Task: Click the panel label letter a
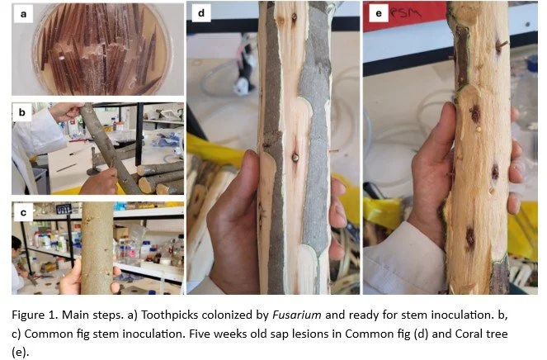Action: [23, 14]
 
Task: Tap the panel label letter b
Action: [22, 112]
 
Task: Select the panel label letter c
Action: [23, 212]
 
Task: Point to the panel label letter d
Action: [201, 13]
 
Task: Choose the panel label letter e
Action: [379, 13]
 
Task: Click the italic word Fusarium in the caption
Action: [296, 315]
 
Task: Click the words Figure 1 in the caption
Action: [34, 315]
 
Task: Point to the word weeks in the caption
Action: [230, 334]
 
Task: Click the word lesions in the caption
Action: [321, 334]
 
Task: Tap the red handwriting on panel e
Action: [407, 13]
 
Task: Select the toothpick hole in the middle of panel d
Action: [295, 158]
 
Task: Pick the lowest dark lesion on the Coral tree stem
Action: [470, 238]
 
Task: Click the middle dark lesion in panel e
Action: [495, 172]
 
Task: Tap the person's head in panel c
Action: [17, 244]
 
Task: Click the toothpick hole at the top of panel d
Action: [294, 17]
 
